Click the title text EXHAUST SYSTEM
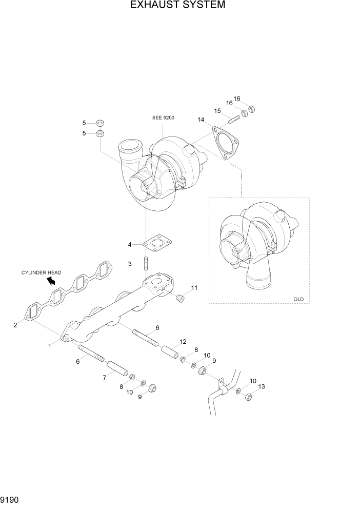tap(177, 6)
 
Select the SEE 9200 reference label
tap(163, 118)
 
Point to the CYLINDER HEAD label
tap(41, 272)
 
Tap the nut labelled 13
tap(248, 396)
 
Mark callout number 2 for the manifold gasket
tap(15, 325)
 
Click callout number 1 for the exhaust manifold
tap(50, 346)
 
